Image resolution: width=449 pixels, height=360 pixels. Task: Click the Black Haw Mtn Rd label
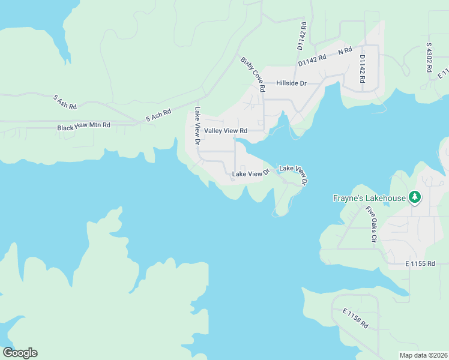84,127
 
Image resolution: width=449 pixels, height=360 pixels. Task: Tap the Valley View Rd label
226,131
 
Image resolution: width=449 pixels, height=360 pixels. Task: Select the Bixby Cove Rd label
253,74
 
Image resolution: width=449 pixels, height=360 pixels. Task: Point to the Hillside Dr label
291,84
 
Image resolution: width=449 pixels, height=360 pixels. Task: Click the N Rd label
345,52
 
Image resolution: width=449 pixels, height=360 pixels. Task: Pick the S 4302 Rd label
429,57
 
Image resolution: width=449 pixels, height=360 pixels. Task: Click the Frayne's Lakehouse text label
369,198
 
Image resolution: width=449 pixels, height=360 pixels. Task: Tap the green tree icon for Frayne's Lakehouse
414,197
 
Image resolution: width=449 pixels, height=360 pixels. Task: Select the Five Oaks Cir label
370,224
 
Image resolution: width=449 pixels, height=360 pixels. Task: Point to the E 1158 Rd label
355,318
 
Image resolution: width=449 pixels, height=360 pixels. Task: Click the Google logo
20,353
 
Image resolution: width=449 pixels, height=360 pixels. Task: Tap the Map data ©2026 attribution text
423,355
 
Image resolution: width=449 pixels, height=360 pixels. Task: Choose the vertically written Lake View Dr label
197,126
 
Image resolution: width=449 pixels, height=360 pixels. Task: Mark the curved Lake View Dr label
294,174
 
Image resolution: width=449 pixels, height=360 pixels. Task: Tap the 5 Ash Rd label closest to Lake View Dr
158,115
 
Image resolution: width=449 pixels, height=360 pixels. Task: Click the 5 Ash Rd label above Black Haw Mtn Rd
65,102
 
